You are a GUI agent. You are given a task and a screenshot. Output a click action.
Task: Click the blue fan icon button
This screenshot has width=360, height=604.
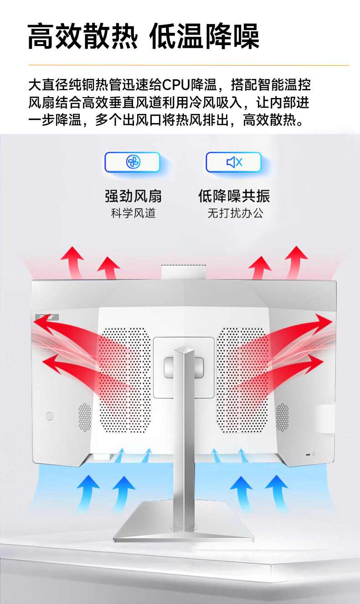pos(133,162)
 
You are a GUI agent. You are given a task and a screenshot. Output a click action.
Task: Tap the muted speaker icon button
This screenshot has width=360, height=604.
pos(234,162)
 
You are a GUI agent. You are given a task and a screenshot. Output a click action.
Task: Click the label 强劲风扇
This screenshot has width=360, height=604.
pos(133,196)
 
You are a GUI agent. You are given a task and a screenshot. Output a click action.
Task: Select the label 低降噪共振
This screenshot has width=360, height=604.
pos(234,196)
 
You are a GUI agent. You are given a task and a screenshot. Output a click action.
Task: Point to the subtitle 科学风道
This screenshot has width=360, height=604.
pos(133,213)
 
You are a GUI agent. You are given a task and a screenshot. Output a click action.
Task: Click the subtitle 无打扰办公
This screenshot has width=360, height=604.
pos(236,213)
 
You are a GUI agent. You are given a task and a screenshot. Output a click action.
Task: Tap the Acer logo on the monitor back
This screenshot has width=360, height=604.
pos(47,317)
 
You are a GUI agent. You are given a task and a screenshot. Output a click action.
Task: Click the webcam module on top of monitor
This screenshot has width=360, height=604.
pos(184,272)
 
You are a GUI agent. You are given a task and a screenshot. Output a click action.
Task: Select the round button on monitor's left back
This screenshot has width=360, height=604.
pos(49,416)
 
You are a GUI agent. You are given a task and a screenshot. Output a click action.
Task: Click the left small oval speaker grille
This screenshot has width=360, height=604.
pos(85,417)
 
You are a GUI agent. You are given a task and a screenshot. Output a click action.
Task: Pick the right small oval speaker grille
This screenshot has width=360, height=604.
pos(283,417)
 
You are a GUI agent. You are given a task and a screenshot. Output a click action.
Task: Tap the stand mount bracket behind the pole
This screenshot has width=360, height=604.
pos(184,367)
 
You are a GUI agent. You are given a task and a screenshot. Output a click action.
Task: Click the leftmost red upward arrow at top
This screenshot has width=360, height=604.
pos(73,262)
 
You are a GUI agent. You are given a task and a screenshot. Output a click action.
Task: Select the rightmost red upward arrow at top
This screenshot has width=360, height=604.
pos(296,262)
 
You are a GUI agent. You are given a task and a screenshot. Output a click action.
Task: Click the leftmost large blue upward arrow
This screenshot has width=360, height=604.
pos(87,493)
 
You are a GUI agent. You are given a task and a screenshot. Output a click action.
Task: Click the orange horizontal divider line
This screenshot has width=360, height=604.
pos(189,65)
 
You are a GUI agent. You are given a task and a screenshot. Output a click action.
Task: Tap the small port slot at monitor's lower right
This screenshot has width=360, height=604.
pos(308,454)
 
